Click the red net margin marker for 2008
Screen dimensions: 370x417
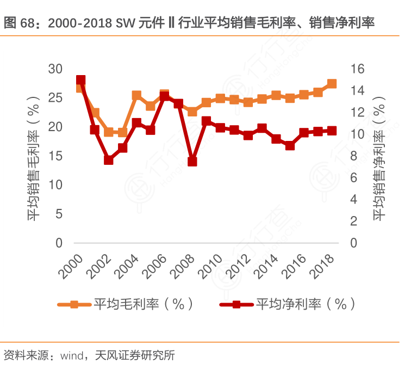(x=192, y=162)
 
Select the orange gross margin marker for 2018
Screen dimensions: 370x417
(x=332, y=84)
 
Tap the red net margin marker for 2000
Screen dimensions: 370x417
(x=80, y=80)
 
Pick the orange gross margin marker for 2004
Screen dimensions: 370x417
(x=136, y=96)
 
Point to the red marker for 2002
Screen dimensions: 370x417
(x=108, y=160)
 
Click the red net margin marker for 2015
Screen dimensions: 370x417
(x=290, y=145)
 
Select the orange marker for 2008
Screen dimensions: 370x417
(x=192, y=112)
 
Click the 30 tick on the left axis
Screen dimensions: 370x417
(x=55, y=69)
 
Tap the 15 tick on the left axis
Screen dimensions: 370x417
(x=55, y=156)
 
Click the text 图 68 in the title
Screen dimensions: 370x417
(x=18, y=23)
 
